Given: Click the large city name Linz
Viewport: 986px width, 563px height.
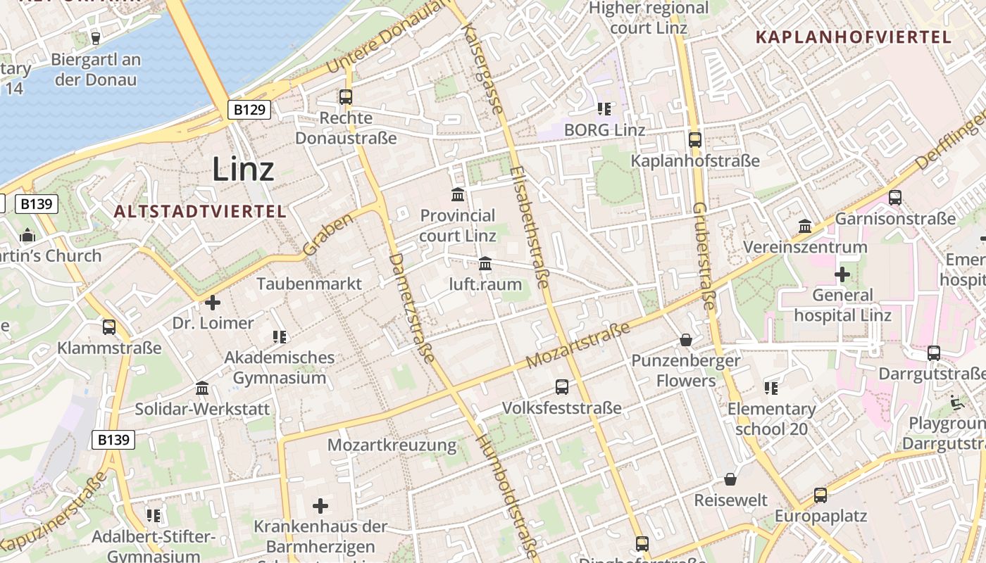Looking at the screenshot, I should pyautogui.click(x=243, y=169).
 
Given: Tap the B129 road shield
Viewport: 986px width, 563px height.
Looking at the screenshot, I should pyautogui.click(x=249, y=110).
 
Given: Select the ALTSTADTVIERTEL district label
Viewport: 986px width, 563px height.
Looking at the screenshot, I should pyautogui.click(x=200, y=211).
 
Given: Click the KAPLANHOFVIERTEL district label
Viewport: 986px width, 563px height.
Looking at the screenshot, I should pyautogui.click(x=854, y=37).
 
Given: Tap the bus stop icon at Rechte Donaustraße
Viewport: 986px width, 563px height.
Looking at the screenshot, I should pyautogui.click(x=345, y=97).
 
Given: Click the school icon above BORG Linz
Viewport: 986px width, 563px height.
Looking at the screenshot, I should pyautogui.click(x=604, y=108).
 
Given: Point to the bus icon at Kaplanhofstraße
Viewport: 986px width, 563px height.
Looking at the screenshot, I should pyautogui.click(x=694, y=139).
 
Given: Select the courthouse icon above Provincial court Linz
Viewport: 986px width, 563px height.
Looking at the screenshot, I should pyautogui.click(x=458, y=194).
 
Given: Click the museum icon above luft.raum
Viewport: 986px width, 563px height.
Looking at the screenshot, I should pyautogui.click(x=485, y=264).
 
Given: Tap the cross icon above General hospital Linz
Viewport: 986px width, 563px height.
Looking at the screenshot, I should pyautogui.click(x=842, y=274).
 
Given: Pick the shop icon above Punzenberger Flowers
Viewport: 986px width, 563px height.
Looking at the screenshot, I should pyautogui.click(x=685, y=340).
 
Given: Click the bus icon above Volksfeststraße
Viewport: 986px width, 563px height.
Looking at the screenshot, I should pyautogui.click(x=561, y=386).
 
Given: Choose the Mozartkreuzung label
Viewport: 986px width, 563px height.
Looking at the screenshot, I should pyautogui.click(x=392, y=445).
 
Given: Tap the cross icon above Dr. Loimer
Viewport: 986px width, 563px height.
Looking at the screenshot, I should pyautogui.click(x=213, y=303).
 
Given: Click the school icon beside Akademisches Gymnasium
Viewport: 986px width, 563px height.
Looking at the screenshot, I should pyautogui.click(x=280, y=337).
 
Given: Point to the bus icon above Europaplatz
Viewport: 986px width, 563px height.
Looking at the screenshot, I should pyautogui.click(x=820, y=495).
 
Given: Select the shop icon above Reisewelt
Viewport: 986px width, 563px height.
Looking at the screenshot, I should pyautogui.click(x=730, y=479).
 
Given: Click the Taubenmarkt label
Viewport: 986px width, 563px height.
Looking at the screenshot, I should pyautogui.click(x=309, y=284).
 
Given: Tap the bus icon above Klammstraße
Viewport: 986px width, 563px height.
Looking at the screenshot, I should pyautogui.click(x=109, y=327).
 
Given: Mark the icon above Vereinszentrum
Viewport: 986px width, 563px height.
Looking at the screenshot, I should pyautogui.click(x=805, y=227).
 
